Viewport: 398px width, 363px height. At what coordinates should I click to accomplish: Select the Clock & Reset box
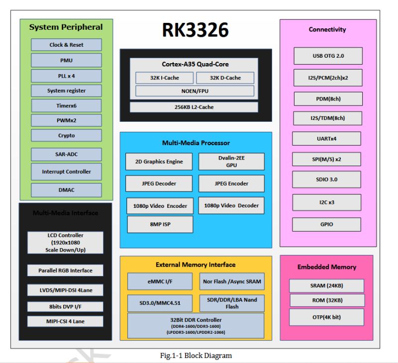pos(66,45)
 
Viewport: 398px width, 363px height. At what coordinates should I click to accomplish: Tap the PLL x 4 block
pos(66,76)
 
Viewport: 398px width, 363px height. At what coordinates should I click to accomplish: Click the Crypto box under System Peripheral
pos(66,135)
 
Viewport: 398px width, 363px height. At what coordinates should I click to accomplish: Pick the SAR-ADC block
pos(66,154)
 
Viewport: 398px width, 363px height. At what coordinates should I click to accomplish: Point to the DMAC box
pos(66,189)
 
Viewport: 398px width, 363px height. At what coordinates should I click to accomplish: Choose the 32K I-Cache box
pos(164,78)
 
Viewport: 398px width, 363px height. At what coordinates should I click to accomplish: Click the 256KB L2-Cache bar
pos(194,107)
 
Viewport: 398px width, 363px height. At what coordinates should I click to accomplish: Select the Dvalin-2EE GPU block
pos(231,161)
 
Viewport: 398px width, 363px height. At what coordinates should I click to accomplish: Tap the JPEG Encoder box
pos(231,183)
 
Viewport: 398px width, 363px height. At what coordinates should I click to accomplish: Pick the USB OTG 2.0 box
pos(327,56)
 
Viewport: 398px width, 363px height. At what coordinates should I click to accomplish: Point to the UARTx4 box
pos(327,138)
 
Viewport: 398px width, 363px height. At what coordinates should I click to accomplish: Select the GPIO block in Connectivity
pos(326,224)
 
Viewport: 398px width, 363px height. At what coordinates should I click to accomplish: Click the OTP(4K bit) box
pos(326,317)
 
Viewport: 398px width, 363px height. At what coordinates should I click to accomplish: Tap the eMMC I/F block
pos(160,281)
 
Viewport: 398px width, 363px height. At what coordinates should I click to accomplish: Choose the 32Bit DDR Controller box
pos(196,325)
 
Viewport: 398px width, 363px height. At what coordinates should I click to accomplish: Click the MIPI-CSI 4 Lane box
pos(65,321)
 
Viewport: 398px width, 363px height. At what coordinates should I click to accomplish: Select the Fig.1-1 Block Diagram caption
pos(196,355)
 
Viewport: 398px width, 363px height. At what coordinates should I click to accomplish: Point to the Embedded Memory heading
pos(326,267)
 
